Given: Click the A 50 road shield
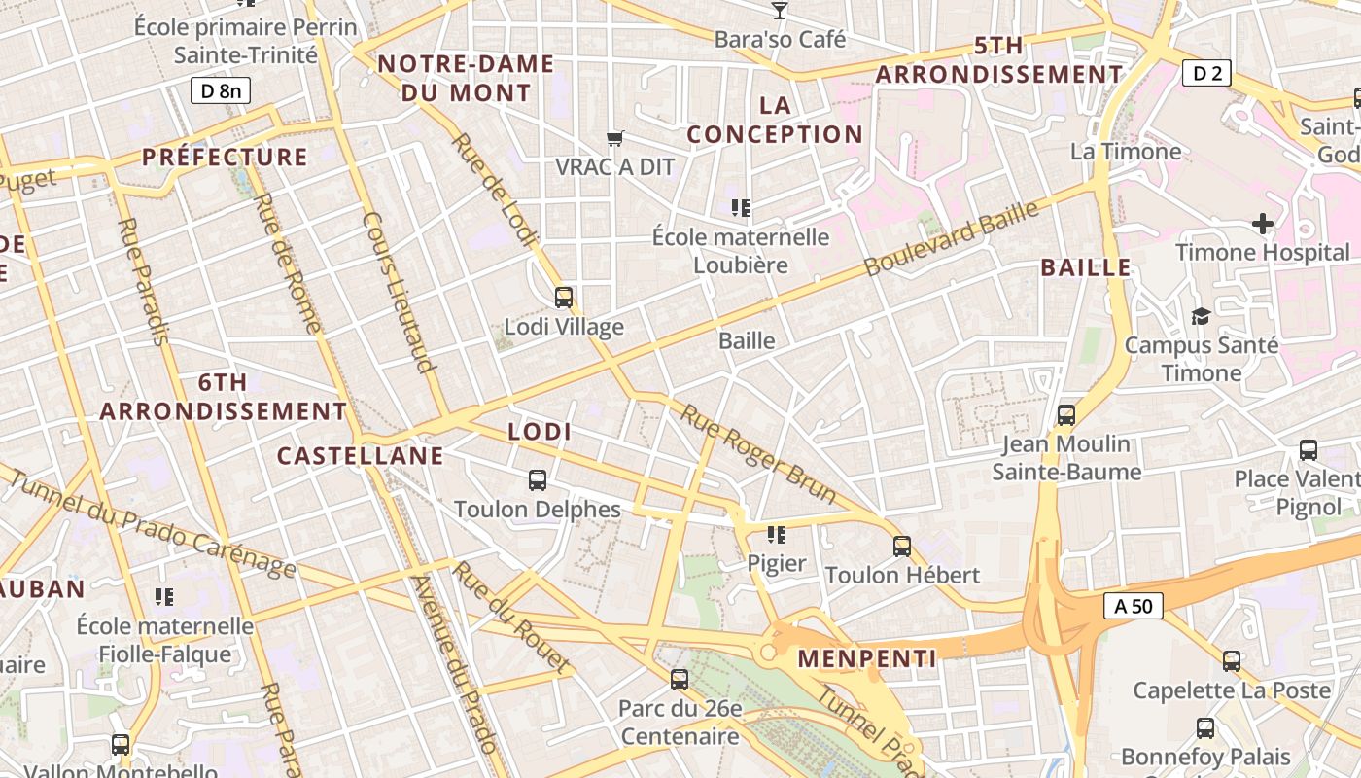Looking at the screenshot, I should click(1134, 606).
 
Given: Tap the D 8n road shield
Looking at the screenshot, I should click(221, 91).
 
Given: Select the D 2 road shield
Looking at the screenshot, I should click(1206, 72).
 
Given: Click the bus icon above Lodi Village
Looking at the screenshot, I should click(564, 297).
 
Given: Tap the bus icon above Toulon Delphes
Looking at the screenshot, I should click(538, 479).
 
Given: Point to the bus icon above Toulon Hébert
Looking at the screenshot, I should click(902, 546).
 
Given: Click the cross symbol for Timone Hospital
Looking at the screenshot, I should click(1263, 224).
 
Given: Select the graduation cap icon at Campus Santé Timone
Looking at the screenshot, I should click(1201, 316).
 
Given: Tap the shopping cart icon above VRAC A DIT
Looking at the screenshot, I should click(614, 138).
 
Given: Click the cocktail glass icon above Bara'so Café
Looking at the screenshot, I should click(780, 11).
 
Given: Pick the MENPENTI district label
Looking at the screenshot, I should click(867, 658).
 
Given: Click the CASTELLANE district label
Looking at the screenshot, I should click(361, 455).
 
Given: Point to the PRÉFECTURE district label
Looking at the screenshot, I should click(225, 157).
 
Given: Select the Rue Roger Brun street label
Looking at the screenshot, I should click(758, 454).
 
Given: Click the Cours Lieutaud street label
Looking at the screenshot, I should click(397, 293).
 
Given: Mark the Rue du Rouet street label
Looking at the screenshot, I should click(510, 618).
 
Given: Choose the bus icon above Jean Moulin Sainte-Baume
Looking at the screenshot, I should click(1066, 415).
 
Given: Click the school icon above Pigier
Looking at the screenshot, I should click(776, 534).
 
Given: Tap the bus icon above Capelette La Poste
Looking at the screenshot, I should click(1232, 661).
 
